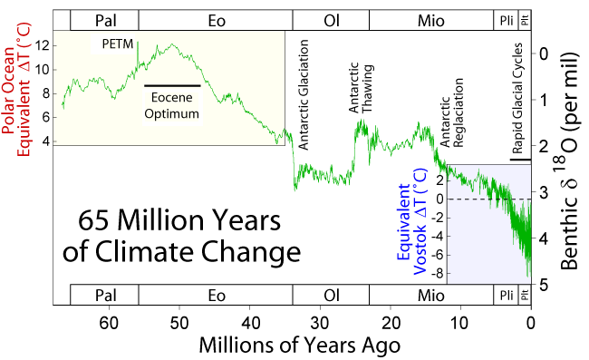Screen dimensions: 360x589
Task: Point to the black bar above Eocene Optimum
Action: [173, 85]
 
